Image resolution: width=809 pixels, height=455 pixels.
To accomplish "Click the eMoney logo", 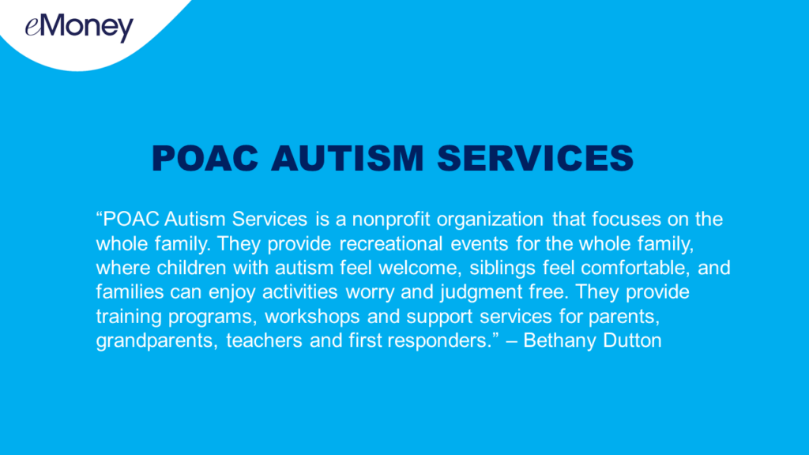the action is coord(79,28).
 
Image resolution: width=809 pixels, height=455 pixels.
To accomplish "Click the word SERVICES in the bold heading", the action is coord(536,158).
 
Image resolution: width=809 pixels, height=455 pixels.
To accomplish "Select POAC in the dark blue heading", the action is coord(205,158).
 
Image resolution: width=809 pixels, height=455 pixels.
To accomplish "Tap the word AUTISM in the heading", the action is coord(348,158).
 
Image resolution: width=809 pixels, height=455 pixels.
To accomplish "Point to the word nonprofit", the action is coord(391,220).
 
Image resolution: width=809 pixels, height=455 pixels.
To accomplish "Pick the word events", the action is coord(480,244).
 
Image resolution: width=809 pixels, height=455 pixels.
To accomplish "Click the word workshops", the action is coord(312,317).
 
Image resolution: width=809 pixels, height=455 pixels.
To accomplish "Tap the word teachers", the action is coord(264,340).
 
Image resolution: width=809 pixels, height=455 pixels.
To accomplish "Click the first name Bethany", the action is coord(559,341).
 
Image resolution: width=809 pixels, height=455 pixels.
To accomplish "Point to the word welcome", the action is coord(416,269).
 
